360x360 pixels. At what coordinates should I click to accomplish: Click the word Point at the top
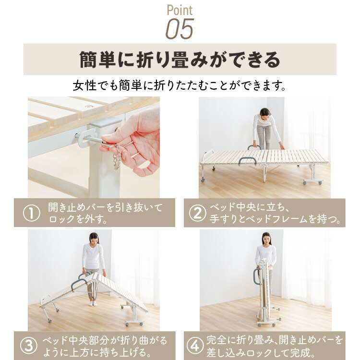pos(180,11)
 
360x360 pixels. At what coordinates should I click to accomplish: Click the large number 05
pos(180,29)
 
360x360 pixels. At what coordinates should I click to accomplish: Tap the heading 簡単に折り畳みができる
pos(180,60)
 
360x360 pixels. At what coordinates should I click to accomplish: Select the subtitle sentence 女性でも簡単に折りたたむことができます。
pos(180,85)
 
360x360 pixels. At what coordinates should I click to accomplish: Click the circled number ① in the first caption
pos(32,213)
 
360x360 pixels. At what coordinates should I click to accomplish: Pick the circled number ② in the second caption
pos(197,213)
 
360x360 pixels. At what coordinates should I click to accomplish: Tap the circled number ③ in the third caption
pos(29,346)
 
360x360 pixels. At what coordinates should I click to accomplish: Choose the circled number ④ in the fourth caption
pos(195,346)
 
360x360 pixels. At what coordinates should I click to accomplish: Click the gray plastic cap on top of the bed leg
pos(106,123)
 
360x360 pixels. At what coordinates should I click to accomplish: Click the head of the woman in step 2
pos(264,112)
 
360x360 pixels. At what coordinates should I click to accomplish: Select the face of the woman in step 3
pos(94,239)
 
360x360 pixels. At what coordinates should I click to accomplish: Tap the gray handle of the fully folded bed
pos(255,277)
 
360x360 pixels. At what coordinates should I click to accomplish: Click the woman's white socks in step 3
pos(93,303)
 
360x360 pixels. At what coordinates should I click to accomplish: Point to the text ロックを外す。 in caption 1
pos(78,219)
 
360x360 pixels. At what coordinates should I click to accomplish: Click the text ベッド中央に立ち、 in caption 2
pos(249,208)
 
